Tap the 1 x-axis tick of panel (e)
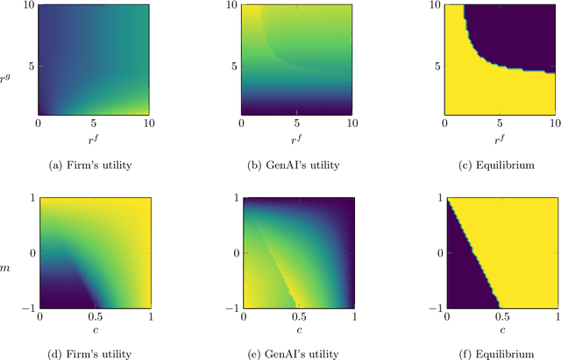pyautogui.click(x=349, y=315)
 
